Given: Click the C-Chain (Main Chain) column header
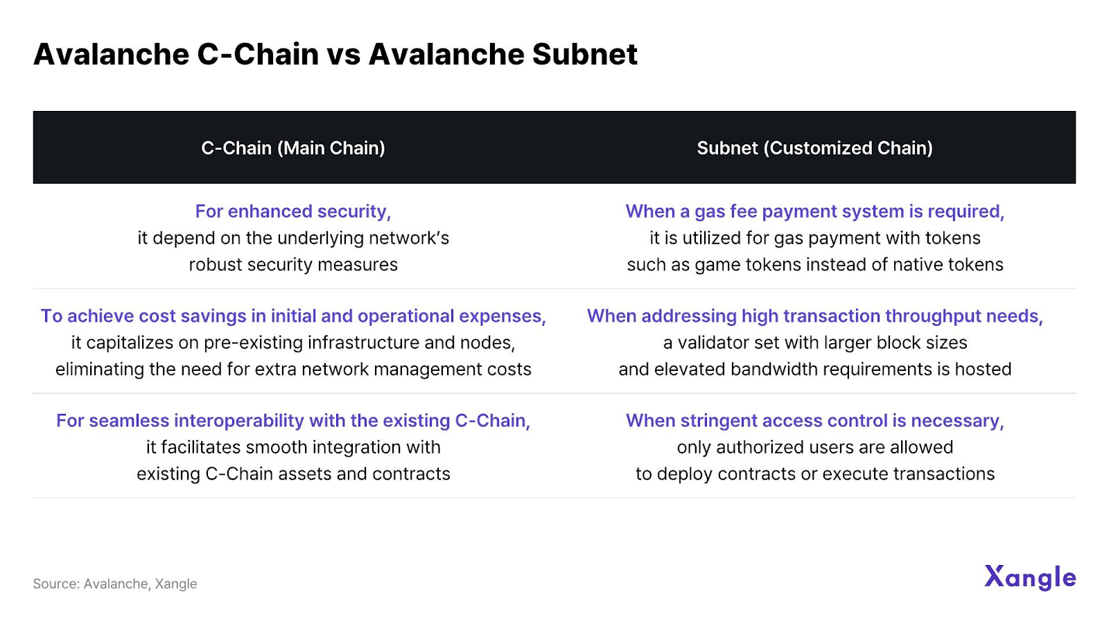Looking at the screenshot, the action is pos(293,148).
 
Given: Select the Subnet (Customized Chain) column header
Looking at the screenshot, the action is pos(814,148).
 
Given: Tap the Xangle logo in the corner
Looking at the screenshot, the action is pos(1030,578).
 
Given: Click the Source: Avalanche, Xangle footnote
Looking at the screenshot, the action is pos(115,583).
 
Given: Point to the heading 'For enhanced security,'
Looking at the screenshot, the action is pos(293,211).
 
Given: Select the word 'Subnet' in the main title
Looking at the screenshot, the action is pos(585,53).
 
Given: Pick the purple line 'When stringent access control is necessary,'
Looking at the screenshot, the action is pos(815,420).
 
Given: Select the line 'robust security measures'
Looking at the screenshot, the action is pos(293,264).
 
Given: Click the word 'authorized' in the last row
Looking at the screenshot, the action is pos(760,447).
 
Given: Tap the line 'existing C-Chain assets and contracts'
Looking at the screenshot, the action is pos(293,474).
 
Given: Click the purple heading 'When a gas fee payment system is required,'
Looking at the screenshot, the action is pos(815,211).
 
